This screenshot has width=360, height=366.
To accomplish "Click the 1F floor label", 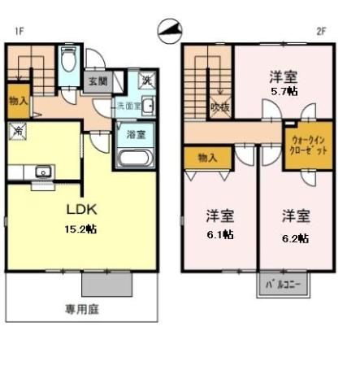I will [x=17, y=32].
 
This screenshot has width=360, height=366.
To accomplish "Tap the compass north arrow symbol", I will [x=171, y=30].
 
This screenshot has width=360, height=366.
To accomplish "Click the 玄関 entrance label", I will [x=98, y=81].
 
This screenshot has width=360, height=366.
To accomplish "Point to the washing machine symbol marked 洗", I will [x=147, y=81].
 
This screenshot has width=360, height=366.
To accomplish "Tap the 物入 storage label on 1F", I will [x=18, y=102].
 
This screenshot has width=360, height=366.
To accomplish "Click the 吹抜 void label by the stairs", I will [x=219, y=106].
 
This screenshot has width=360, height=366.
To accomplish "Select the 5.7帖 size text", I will [x=284, y=91].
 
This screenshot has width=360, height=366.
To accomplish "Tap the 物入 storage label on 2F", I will [x=208, y=156].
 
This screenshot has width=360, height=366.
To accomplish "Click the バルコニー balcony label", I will [x=284, y=285].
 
